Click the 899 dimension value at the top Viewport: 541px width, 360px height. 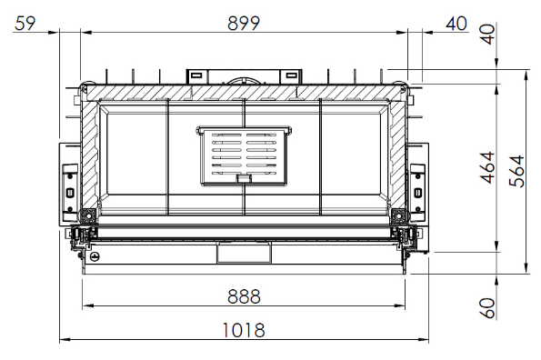tap(244, 24)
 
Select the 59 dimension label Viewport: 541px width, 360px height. tap(25, 24)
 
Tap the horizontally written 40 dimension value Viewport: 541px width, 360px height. tap(456, 24)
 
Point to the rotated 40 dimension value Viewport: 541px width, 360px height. tap(488, 34)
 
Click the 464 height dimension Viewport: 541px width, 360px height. tap(488, 167)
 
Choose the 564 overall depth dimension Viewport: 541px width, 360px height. tap(517, 172)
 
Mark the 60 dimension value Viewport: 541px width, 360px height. tap(488, 308)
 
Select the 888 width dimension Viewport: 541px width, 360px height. tap(244, 296)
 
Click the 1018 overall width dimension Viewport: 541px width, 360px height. tap(244, 330)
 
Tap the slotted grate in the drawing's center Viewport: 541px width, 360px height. tap(244, 156)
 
